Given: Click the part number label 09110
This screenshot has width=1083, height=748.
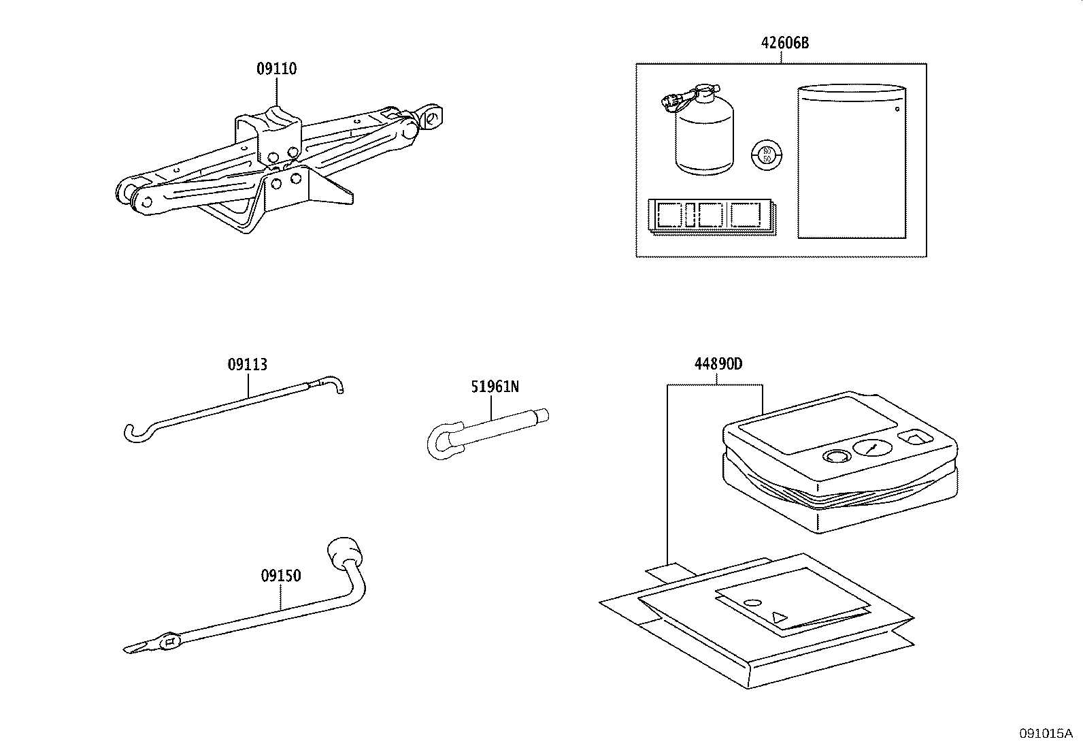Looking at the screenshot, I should [x=276, y=69].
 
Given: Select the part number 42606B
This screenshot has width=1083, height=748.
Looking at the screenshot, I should [x=784, y=43].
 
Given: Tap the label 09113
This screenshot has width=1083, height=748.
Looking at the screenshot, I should [x=247, y=364].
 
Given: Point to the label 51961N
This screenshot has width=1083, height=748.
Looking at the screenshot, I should [x=495, y=387].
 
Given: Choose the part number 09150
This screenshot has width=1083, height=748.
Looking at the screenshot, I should [x=280, y=576].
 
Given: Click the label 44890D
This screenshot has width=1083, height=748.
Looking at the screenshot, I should [x=718, y=364].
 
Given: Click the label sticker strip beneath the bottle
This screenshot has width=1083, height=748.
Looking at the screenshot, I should [x=713, y=217].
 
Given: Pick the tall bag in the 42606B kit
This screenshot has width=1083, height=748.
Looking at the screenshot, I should [x=852, y=163].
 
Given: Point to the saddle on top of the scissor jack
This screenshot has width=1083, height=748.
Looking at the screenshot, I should [x=277, y=117].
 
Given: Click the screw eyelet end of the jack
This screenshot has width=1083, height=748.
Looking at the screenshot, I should [x=432, y=117].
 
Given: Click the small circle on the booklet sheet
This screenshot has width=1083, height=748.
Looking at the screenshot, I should [x=752, y=603].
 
